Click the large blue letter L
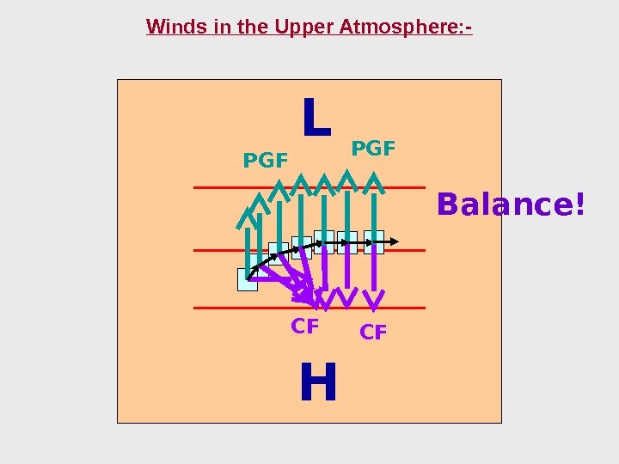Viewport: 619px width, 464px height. pos(316,119)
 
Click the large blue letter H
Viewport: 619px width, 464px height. pos(318,383)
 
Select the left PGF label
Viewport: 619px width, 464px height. pos(266,160)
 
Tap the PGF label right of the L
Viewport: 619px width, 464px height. pos(374,150)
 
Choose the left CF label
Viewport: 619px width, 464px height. pos(305,327)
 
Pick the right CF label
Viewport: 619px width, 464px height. pos(373,332)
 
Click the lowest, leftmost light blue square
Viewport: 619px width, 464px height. pos(247,280)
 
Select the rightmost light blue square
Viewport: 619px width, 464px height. pos(374,241)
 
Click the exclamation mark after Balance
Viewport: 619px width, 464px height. pos(579,205)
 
